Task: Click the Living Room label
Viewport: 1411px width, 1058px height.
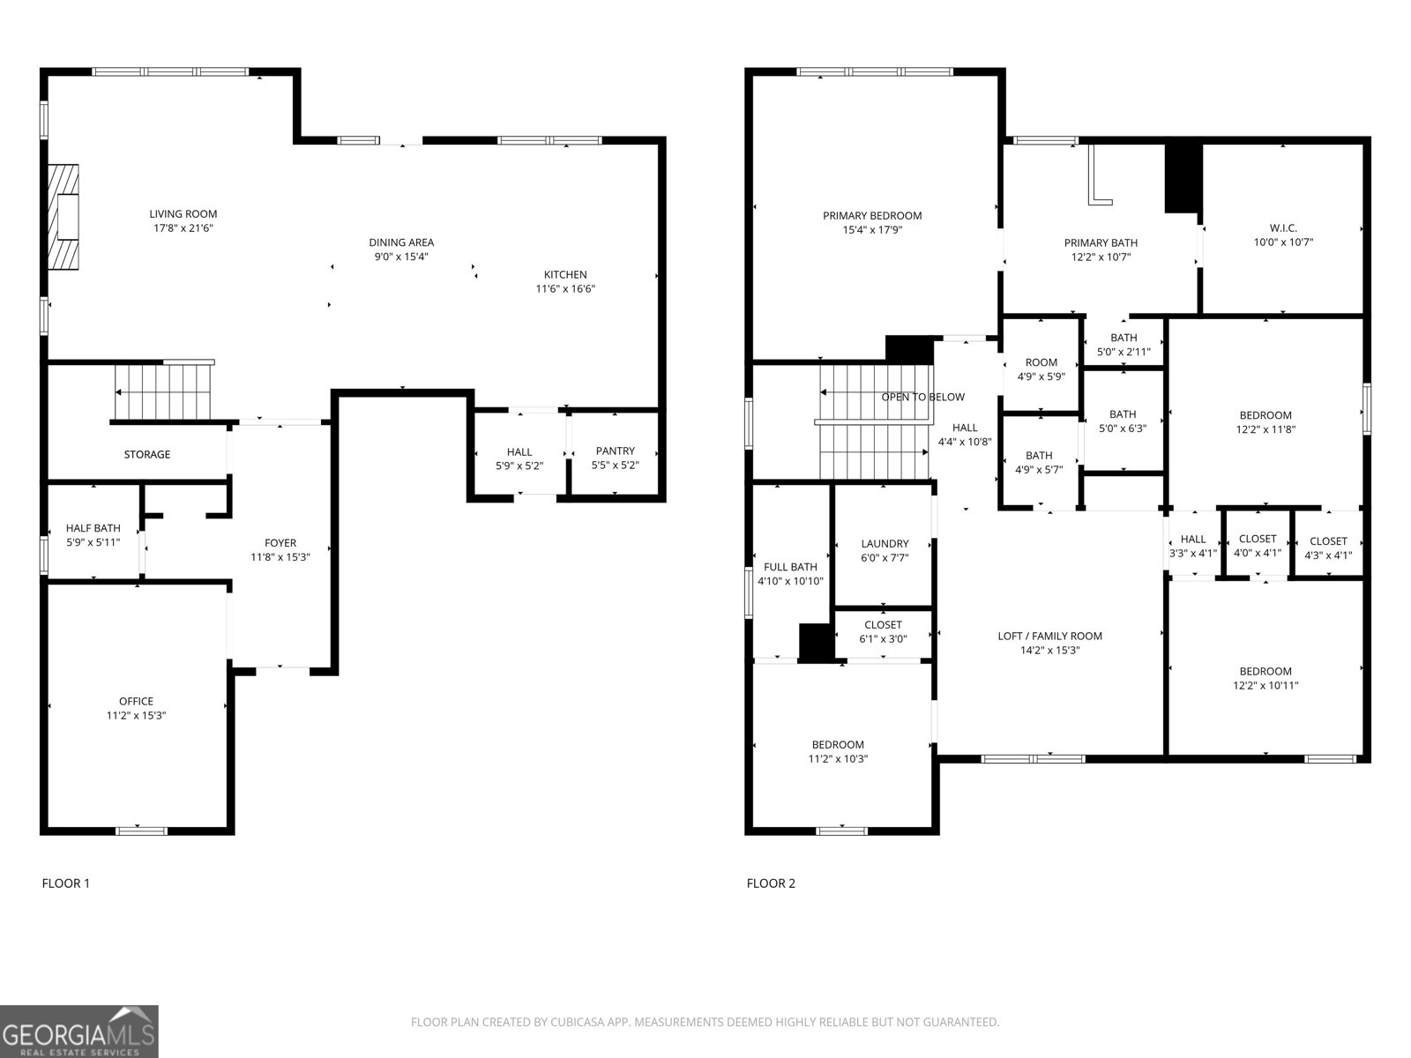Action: coord(183,214)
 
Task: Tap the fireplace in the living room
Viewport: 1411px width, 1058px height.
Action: coord(63,216)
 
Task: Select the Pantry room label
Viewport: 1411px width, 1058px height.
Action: coord(615,451)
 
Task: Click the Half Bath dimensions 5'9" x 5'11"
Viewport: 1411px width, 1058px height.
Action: coord(93,542)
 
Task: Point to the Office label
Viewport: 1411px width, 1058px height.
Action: coord(136,702)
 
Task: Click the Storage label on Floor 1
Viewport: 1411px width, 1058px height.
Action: coord(146,455)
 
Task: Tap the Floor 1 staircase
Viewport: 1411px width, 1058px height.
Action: coord(163,392)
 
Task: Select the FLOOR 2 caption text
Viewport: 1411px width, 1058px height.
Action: coord(771,883)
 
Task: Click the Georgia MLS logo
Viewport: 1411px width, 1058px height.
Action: coord(79,1032)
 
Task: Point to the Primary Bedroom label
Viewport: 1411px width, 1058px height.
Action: coord(872,216)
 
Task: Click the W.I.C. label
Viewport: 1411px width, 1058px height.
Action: coord(1283,227)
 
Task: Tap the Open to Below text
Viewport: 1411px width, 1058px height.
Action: coord(922,398)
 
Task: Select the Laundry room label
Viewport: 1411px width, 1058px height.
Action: coord(885,544)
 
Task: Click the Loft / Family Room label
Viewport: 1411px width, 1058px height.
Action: coord(1049,636)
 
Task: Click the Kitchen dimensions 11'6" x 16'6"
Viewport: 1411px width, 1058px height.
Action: coord(565,288)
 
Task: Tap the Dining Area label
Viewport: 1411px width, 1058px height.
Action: coord(401,242)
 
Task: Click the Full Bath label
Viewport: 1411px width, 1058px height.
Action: coord(790,567)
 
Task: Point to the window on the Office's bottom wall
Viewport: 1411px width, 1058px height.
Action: coord(141,830)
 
